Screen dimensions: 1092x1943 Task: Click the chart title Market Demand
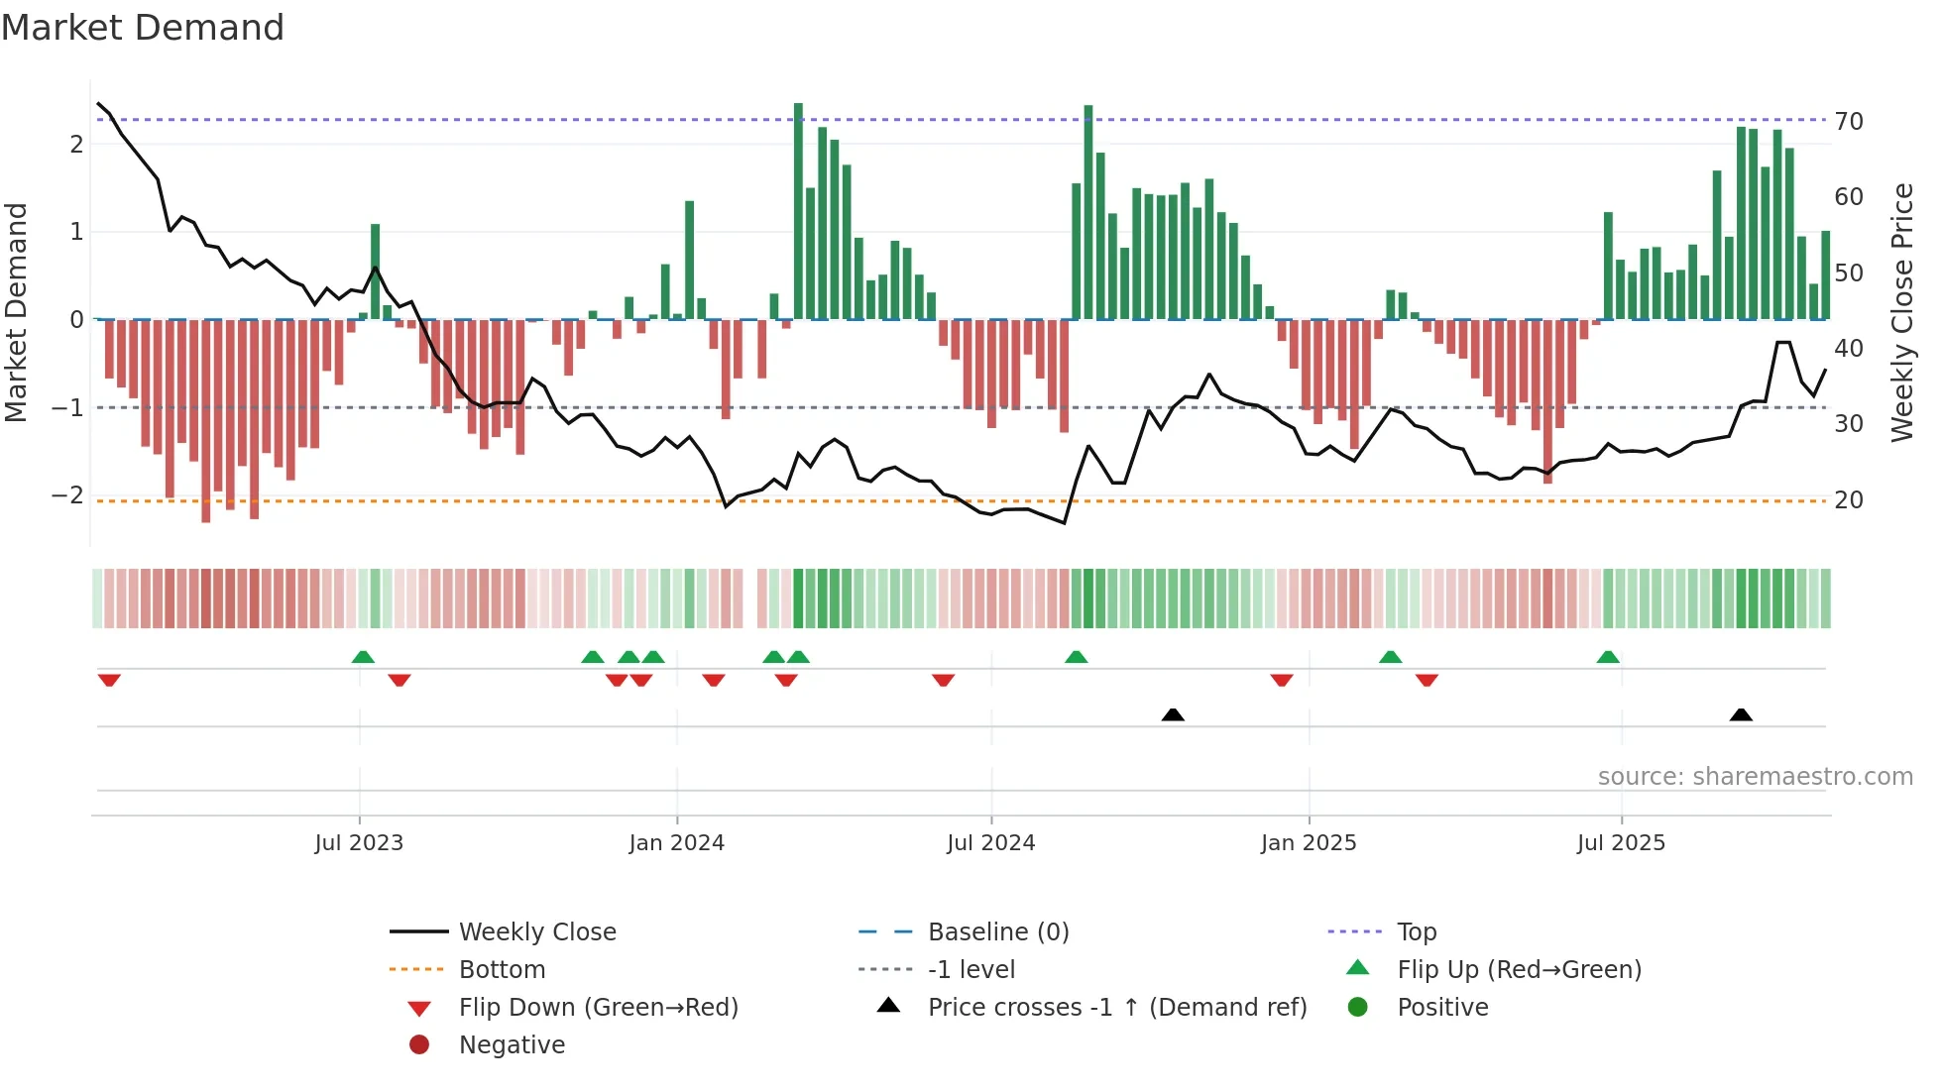tap(143, 27)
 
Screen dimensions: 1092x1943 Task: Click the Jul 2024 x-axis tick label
tap(990, 843)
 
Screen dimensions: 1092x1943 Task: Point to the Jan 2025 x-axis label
tap(1309, 843)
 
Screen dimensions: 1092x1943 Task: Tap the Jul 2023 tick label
tap(359, 843)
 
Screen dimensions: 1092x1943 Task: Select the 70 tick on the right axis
tap(1849, 122)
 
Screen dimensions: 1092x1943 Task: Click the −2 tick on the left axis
tap(68, 494)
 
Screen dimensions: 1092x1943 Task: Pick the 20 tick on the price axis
tap(1849, 500)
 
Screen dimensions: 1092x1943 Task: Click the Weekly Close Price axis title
tap(1901, 312)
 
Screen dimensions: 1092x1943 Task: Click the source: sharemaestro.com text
tap(1755, 776)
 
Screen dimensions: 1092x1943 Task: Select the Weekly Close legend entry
tap(537, 931)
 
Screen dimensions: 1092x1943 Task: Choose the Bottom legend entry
tap(502, 969)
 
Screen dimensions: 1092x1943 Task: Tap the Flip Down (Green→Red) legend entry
tap(598, 1007)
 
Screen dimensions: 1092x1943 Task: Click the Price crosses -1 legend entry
tap(1117, 1007)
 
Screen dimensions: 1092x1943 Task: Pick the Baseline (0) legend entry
tap(998, 931)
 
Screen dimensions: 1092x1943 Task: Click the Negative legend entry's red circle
tap(419, 1044)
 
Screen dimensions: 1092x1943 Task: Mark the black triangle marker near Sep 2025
tap(1741, 714)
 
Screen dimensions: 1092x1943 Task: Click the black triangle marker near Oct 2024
tap(1173, 714)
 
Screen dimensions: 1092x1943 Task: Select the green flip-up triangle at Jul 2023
tap(363, 657)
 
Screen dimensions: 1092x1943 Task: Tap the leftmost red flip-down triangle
tap(109, 680)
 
